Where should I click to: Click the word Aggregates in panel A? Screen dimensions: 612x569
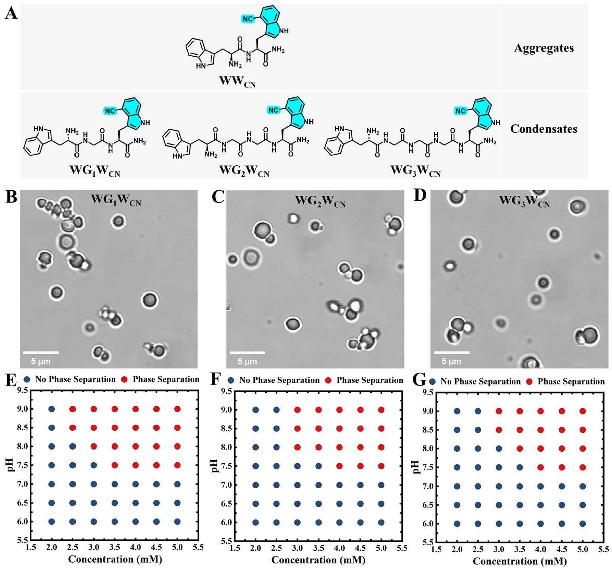pos(544,48)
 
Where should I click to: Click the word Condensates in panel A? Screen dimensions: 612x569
pos(544,129)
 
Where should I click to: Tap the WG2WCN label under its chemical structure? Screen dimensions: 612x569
pos(244,171)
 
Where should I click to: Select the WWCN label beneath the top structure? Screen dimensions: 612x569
pos(238,82)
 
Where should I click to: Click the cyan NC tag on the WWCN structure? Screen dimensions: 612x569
pos(248,19)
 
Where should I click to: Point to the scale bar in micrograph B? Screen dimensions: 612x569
pos(41,352)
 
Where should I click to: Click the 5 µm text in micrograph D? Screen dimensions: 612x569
pos(451,361)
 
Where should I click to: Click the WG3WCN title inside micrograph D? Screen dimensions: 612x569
pos(524,201)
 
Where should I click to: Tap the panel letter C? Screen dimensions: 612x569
pos(218,197)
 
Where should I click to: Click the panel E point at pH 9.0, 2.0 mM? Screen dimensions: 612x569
pos(51,409)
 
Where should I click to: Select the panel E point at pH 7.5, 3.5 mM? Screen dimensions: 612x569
pos(114,465)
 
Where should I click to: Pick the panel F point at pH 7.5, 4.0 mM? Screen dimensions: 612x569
pos(339,466)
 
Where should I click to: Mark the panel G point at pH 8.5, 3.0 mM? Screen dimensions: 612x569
pos(499,430)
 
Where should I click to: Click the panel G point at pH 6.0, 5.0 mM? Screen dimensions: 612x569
pos(582,523)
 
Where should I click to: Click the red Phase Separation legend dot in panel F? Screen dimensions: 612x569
pos(328,380)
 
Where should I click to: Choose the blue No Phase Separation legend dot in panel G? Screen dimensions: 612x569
pos(432,382)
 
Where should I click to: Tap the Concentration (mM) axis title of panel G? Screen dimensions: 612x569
pos(520,561)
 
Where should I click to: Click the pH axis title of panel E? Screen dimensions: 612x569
pos(10,465)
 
